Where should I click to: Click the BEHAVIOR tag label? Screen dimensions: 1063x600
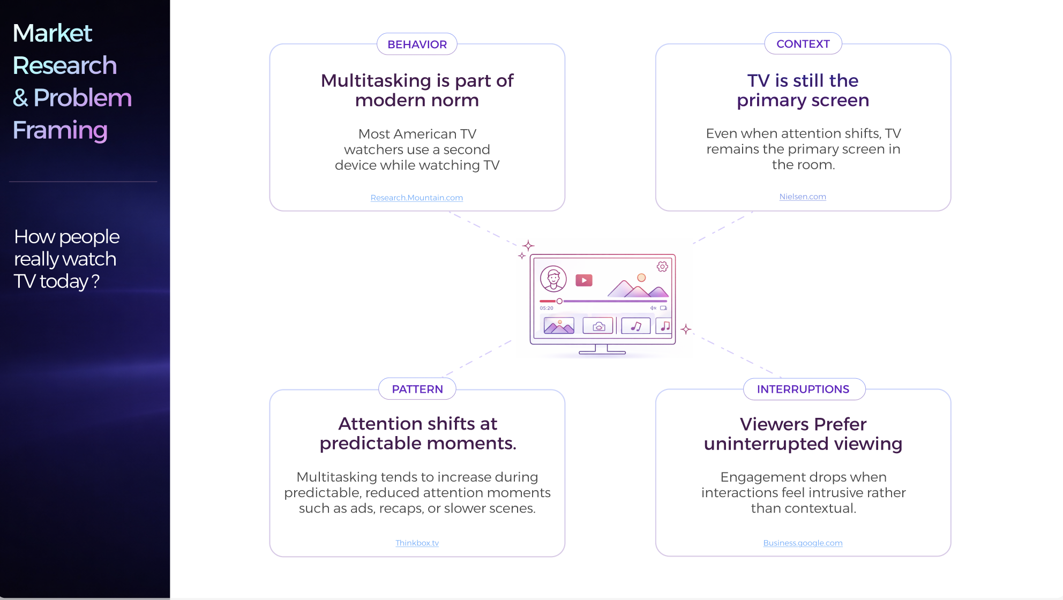pos(417,44)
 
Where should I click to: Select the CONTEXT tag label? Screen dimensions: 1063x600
pos(803,44)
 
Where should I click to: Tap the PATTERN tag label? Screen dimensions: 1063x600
pos(417,389)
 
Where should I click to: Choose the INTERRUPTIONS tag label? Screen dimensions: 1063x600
pos(803,389)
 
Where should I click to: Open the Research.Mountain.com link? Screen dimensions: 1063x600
pos(417,198)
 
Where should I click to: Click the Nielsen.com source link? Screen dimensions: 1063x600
pos(803,197)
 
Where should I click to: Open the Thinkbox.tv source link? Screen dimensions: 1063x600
pos(417,543)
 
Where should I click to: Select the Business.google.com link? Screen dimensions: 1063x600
pos(803,543)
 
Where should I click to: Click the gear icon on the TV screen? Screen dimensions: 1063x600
pos(663,266)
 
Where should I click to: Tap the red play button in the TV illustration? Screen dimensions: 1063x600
pos(584,280)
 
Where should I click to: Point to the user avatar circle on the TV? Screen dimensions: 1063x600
pos(553,279)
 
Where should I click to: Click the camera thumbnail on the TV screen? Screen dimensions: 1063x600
pos(598,326)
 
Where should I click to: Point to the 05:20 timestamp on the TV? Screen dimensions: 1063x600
pos(547,308)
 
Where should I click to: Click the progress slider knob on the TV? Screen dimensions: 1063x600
pos(559,301)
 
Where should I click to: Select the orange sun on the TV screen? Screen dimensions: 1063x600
pos(641,277)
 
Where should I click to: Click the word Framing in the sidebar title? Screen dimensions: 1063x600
pos(60,131)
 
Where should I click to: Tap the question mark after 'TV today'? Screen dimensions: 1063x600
pos(95,281)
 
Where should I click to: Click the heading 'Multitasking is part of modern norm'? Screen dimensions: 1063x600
pos(417,90)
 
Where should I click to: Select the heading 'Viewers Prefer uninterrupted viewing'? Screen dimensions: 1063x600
pos(803,434)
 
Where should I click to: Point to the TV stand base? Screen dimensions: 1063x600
pos(602,352)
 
